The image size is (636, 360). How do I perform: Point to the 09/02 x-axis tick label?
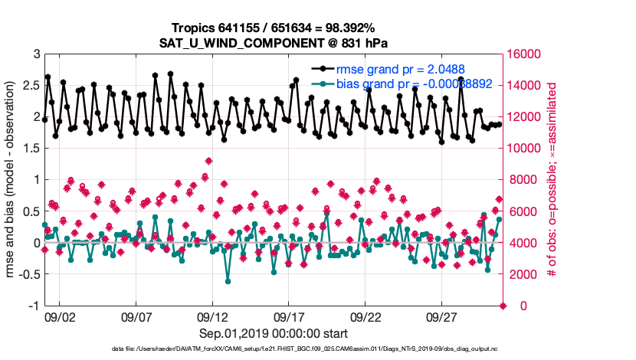[x=60, y=316]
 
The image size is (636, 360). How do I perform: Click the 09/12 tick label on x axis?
[x=212, y=316]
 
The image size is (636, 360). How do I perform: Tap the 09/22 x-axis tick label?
[x=366, y=316]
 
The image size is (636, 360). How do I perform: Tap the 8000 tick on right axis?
[x=521, y=180]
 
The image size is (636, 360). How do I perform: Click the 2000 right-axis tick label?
[x=521, y=274]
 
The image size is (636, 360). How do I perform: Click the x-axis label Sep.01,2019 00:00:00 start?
[x=274, y=333]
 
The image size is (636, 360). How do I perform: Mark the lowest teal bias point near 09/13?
[x=228, y=281]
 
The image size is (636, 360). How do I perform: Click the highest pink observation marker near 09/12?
[x=208, y=161]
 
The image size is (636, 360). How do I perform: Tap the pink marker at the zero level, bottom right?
[x=503, y=306]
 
